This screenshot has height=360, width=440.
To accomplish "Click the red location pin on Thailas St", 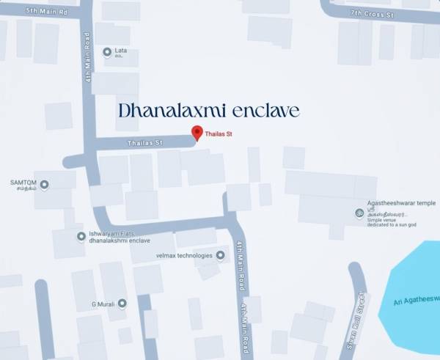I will tap(197, 132).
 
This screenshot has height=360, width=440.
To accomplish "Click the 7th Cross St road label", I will tap(372, 14).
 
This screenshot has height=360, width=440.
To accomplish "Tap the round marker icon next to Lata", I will tap(107, 52).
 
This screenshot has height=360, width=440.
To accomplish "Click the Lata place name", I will tap(121, 51).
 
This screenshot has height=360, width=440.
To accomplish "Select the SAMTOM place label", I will tap(23, 182).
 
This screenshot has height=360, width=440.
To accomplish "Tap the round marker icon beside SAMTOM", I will tap(44, 185).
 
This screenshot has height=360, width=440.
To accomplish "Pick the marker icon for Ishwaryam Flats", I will tap(81, 236).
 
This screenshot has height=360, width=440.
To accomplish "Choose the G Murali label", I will tap(103, 303).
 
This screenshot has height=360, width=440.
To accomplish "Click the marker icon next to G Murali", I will tap(122, 303).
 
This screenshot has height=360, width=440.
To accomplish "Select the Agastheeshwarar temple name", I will tap(401, 203).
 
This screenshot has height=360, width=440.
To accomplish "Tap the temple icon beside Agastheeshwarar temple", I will tap(359, 213).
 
